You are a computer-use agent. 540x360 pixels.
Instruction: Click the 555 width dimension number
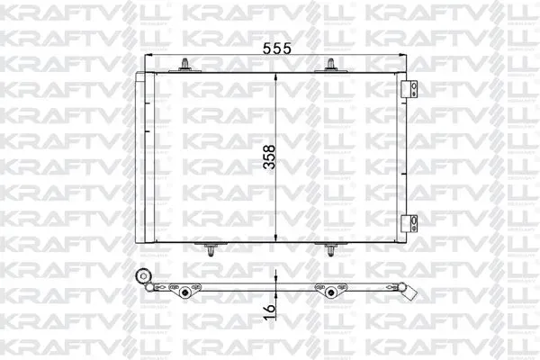[277, 49]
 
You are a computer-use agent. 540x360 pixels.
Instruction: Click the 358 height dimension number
[269, 157]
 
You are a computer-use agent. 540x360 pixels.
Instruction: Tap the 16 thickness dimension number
[269, 312]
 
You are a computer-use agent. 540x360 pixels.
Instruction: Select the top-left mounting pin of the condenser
[185, 65]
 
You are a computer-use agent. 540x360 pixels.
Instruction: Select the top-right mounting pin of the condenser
[330, 65]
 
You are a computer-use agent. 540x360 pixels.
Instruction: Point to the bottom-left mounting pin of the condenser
[211, 249]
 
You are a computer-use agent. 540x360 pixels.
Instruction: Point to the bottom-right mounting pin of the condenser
[330, 249]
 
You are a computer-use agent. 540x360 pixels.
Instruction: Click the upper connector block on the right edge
[409, 90]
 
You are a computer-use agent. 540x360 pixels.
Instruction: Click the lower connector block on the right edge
[409, 224]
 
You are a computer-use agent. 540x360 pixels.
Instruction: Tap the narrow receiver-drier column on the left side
[140, 157]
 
